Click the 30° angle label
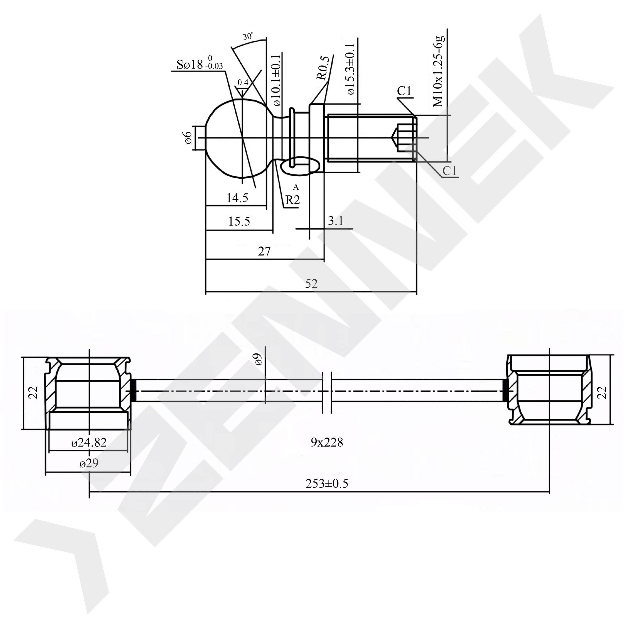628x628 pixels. [x=248, y=36]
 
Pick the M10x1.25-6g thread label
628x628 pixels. [x=439, y=71]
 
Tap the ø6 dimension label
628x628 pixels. [x=188, y=138]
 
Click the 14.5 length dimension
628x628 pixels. [x=237, y=198]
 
